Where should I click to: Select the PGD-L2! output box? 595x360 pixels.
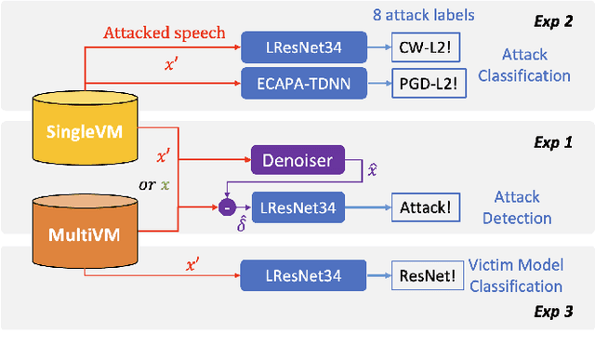pos(423,81)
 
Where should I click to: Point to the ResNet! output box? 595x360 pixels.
pos(426,275)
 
